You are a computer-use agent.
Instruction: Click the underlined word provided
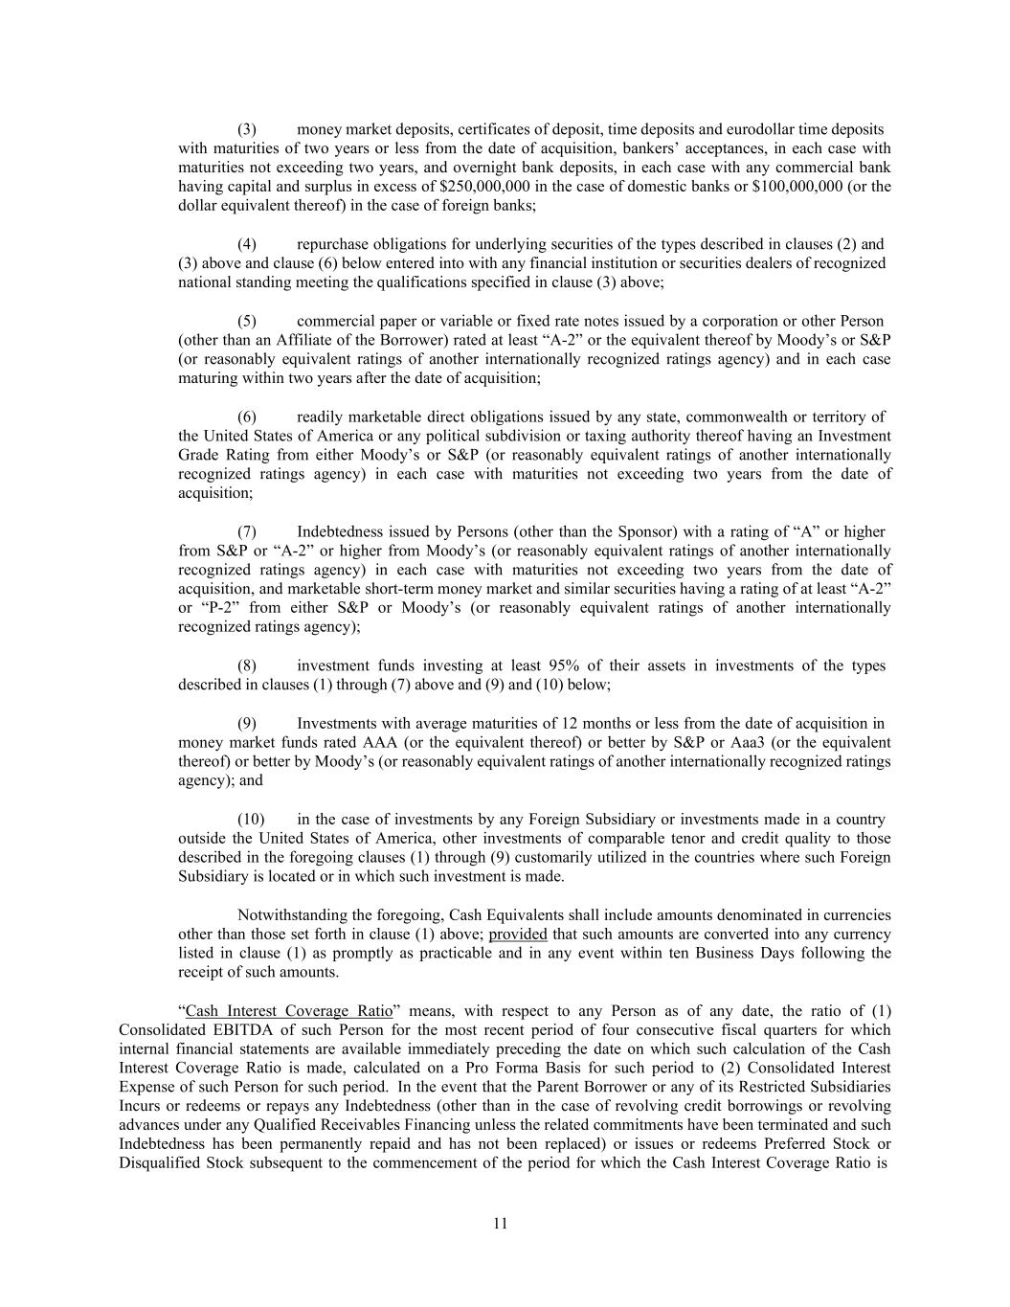[x=518, y=934]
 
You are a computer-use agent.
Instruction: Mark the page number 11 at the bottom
[x=501, y=1223]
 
